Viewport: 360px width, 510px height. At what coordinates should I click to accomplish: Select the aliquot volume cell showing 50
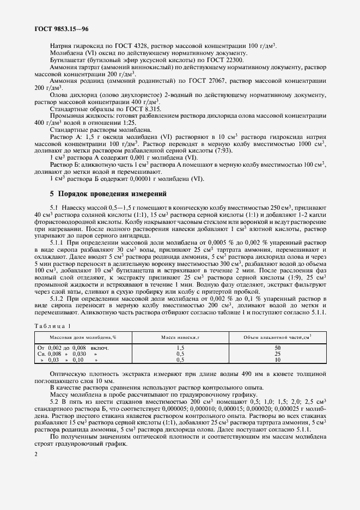277,347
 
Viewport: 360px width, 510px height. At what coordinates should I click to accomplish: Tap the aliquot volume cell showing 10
277,360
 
